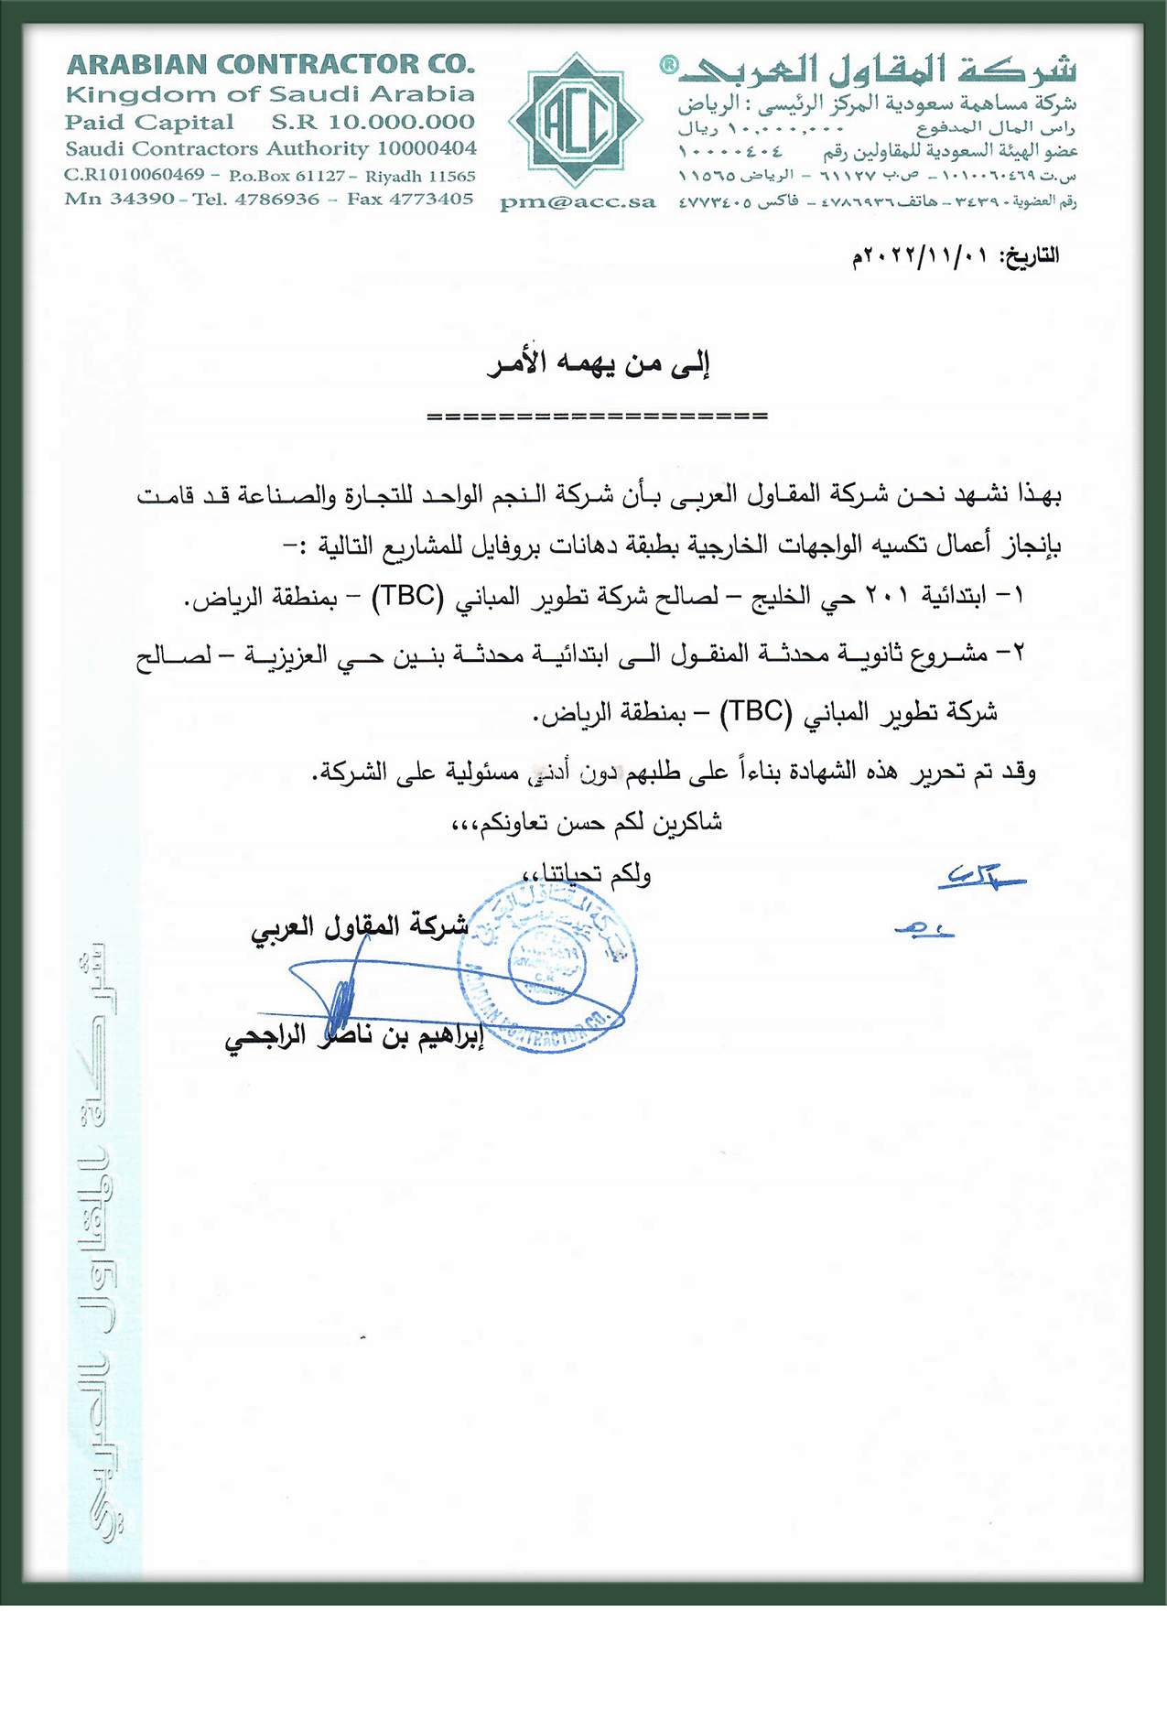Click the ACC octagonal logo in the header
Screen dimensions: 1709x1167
(576, 120)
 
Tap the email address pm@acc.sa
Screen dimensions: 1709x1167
(578, 203)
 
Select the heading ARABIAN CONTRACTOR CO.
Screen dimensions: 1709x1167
(271, 65)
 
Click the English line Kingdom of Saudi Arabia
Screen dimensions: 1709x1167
(270, 94)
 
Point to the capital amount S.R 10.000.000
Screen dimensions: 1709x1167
(373, 122)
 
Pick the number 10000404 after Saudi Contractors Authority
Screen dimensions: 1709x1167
(427, 148)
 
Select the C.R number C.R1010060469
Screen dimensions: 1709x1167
(134, 174)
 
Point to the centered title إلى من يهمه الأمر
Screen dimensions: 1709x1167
(599, 363)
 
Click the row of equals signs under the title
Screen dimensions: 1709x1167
(597, 416)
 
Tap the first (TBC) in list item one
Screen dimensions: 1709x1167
(407, 596)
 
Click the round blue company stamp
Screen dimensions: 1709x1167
(547, 966)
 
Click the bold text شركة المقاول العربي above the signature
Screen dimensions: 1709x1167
(360, 925)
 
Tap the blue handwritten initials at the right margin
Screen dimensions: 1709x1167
(979, 879)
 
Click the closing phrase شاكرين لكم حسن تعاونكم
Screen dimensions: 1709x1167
(588, 823)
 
